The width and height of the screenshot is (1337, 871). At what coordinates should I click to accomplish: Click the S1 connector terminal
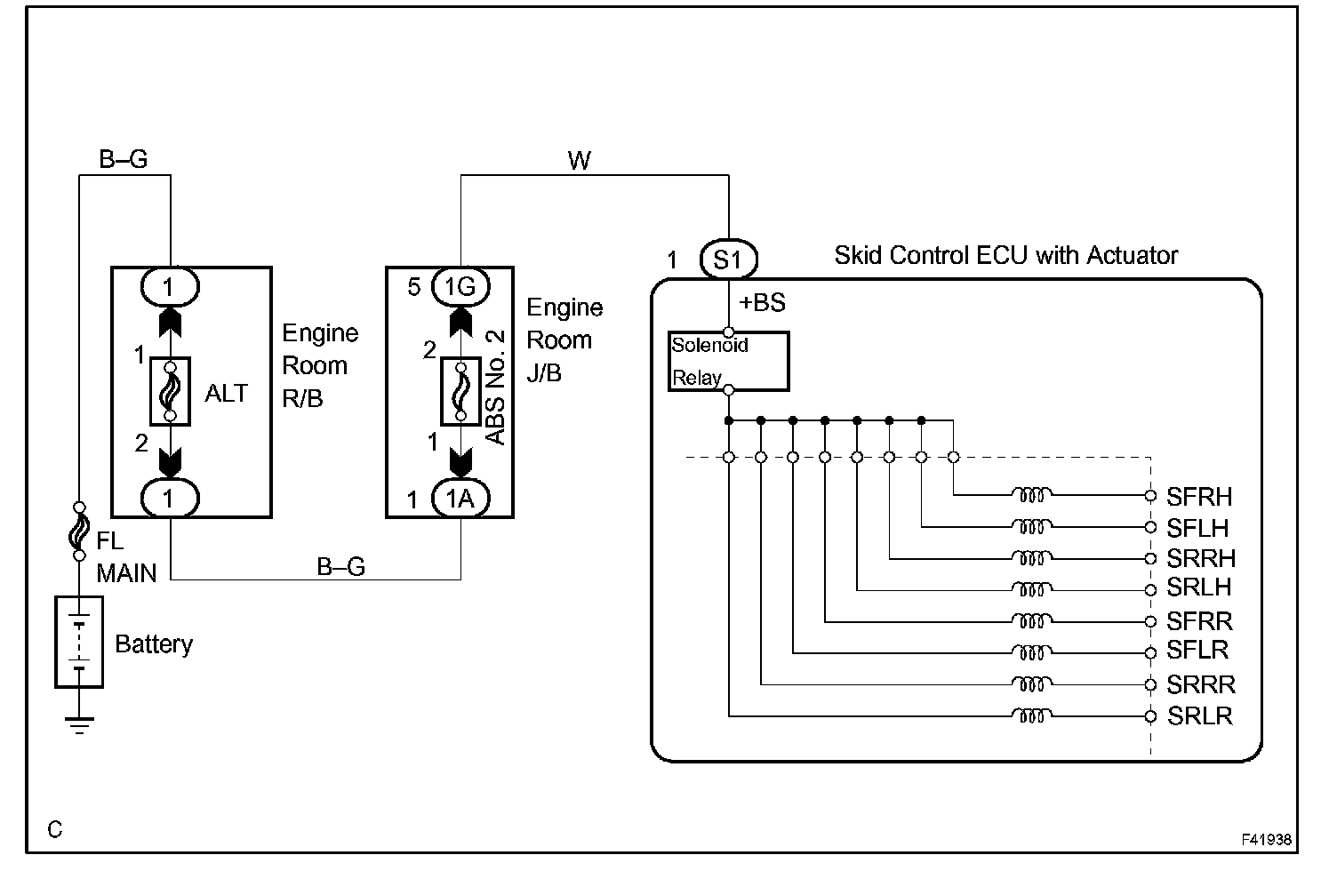pos(728,259)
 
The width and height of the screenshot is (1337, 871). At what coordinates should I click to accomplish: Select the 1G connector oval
pos(460,287)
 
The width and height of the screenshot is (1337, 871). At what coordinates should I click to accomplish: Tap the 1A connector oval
pos(460,498)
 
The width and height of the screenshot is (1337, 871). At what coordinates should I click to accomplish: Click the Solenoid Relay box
pos(729,362)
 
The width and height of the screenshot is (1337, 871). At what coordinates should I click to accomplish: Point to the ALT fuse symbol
pos(170,391)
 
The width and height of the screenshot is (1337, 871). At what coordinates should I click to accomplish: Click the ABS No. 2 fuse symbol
pos(460,391)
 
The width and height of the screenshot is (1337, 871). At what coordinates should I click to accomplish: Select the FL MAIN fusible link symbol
pos(79,531)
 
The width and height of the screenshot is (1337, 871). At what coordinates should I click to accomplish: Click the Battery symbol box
pos(79,642)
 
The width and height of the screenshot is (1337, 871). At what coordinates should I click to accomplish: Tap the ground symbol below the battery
pos(79,725)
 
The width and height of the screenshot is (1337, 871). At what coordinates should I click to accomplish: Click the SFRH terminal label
pos(1198,496)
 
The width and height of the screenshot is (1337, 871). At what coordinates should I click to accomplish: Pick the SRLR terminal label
pos(1200,715)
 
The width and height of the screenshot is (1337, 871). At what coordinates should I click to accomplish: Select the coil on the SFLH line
pos(1032,527)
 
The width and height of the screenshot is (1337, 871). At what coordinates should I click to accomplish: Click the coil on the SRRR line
pos(1032,683)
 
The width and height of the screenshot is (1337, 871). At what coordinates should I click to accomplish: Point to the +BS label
pos(762,302)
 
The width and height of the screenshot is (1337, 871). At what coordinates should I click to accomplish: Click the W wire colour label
pos(579,161)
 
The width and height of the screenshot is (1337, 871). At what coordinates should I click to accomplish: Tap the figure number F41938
pos(1266,840)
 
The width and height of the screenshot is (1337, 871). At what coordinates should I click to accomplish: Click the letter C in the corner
pos(55,829)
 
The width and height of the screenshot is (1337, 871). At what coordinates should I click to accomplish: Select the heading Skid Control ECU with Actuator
pos(1005,255)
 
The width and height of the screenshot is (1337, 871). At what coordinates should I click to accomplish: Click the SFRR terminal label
pos(1199,621)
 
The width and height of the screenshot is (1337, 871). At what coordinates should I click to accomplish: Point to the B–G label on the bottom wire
pos(340,566)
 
